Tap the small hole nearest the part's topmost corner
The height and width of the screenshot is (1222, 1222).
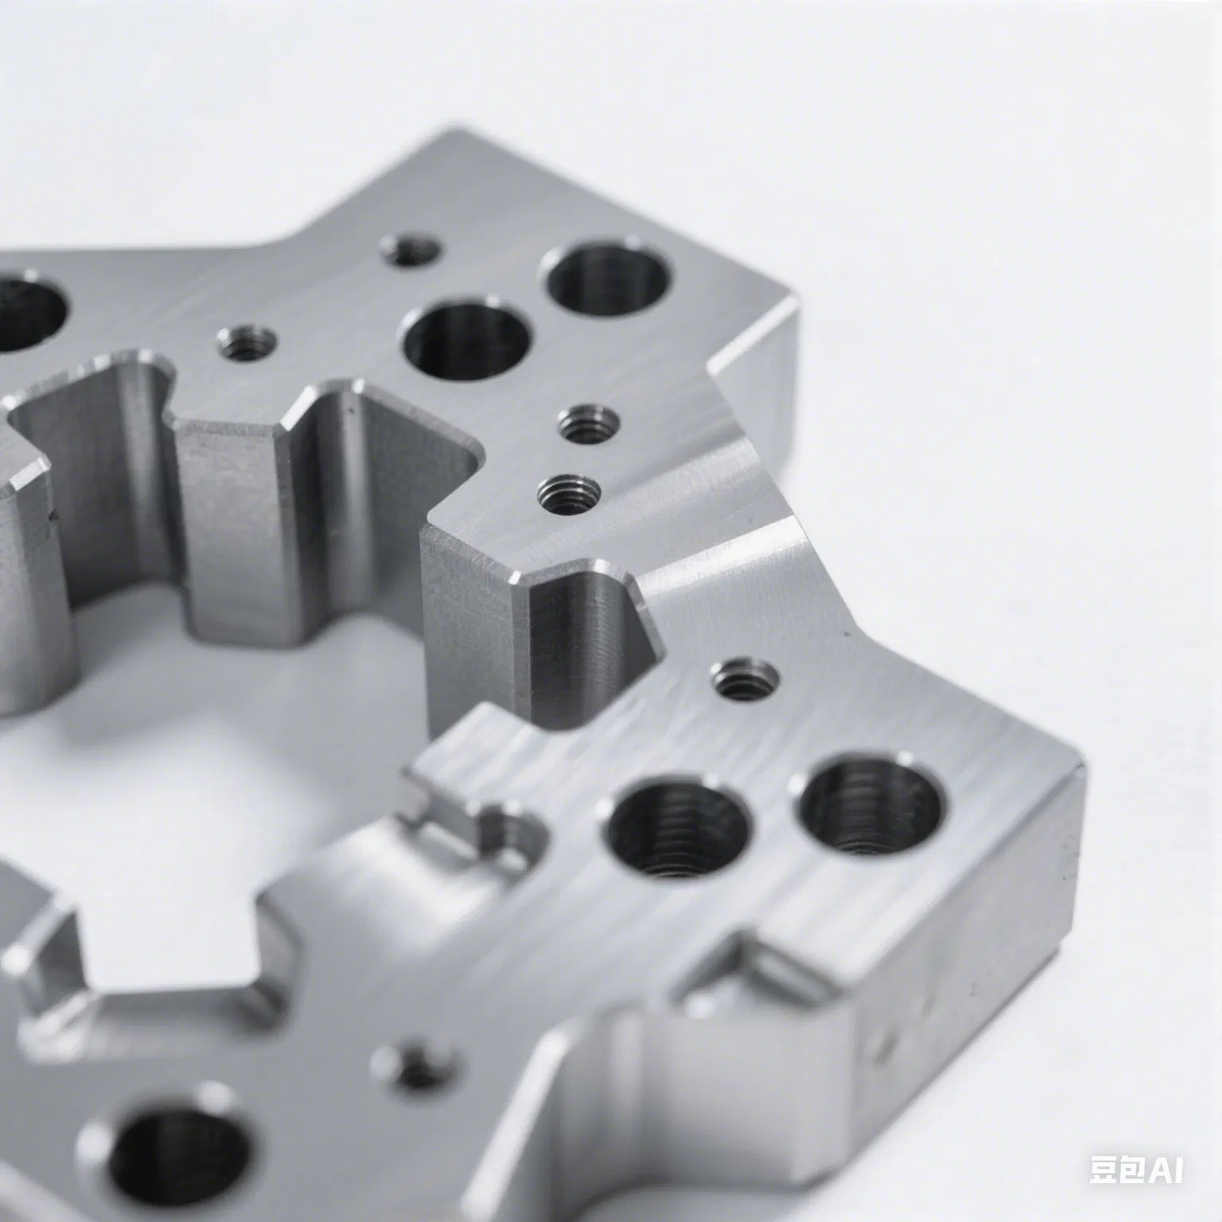(411, 251)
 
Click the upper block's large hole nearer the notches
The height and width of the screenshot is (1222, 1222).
(468, 341)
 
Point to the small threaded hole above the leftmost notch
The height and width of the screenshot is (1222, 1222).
(247, 344)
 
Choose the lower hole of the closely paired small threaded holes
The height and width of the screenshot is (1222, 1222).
(567, 495)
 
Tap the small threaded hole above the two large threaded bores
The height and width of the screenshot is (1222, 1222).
(744, 678)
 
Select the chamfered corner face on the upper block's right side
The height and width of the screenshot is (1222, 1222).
(752, 398)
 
